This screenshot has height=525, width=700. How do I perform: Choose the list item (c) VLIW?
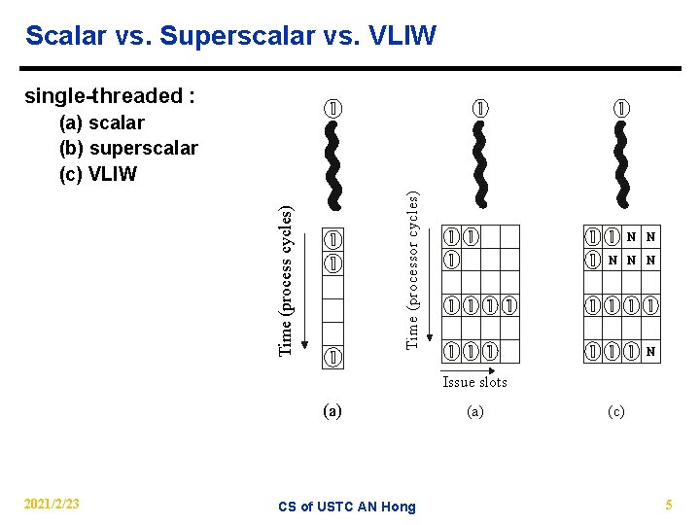click(98, 174)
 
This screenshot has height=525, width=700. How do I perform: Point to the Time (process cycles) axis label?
click(285, 280)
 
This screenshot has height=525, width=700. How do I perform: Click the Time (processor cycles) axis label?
click(412, 269)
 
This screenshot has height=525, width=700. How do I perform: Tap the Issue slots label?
click(474, 382)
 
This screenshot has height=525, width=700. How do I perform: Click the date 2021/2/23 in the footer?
click(52, 504)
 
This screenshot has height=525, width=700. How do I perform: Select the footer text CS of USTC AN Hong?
click(346, 506)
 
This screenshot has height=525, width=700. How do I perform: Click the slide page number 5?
click(668, 504)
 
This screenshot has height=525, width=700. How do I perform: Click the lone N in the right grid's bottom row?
click(649, 351)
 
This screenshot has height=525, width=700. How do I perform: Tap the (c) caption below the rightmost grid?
click(616, 411)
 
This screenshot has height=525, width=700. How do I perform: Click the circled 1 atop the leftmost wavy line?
click(332, 107)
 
